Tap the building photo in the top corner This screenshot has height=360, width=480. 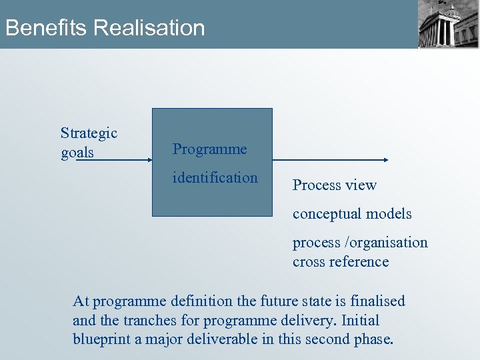coord(448,24)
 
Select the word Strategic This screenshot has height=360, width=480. coord(89,133)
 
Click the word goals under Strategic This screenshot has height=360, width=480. coord(77,153)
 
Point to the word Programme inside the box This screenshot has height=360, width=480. coord(209,149)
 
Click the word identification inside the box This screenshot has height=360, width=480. coord(215,177)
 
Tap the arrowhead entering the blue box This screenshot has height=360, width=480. coord(149,160)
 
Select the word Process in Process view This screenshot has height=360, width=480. coord(315,185)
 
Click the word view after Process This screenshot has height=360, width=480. coord(360,185)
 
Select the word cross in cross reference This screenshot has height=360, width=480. coord(309,261)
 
